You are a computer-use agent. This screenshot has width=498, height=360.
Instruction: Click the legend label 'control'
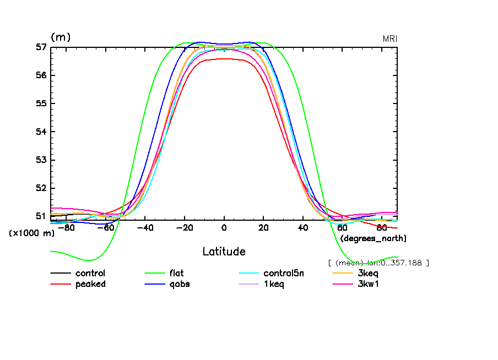pyautogui.click(x=90, y=273)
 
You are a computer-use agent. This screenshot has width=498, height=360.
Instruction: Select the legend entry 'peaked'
pyautogui.click(x=90, y=284)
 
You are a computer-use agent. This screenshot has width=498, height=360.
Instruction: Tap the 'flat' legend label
pyautogui.click(x=176, y=273)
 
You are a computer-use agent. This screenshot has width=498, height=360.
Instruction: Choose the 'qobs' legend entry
pyautogui.click(x=178, y=284)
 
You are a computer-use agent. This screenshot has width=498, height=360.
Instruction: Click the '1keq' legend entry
pyautogui.click(x=274, y=284)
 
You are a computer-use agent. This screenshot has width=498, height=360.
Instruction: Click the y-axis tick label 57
pyautogui.click(x=40, y=47)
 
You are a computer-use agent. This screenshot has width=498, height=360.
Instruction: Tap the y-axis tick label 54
pyautogui.click(x=40, y=132)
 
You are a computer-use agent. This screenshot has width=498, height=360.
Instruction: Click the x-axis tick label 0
pyautogui.click(x=224, y=228)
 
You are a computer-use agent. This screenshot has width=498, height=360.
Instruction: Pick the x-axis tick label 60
pyautogui.click(x=342, y=228)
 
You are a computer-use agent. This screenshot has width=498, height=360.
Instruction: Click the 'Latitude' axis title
pyautogui.click(x=224, y=252)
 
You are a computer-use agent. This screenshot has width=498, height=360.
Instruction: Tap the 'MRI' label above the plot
pyautogui.click(x=390, y=39)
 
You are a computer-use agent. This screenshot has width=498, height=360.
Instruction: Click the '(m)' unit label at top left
pyautogui.click(x=61, y=37)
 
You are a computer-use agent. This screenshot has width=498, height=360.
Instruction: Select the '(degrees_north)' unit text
pyautogui.click(x=373, y=238)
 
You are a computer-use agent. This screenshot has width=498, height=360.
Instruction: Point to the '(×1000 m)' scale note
pyautogui.click(x=31, y=233)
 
